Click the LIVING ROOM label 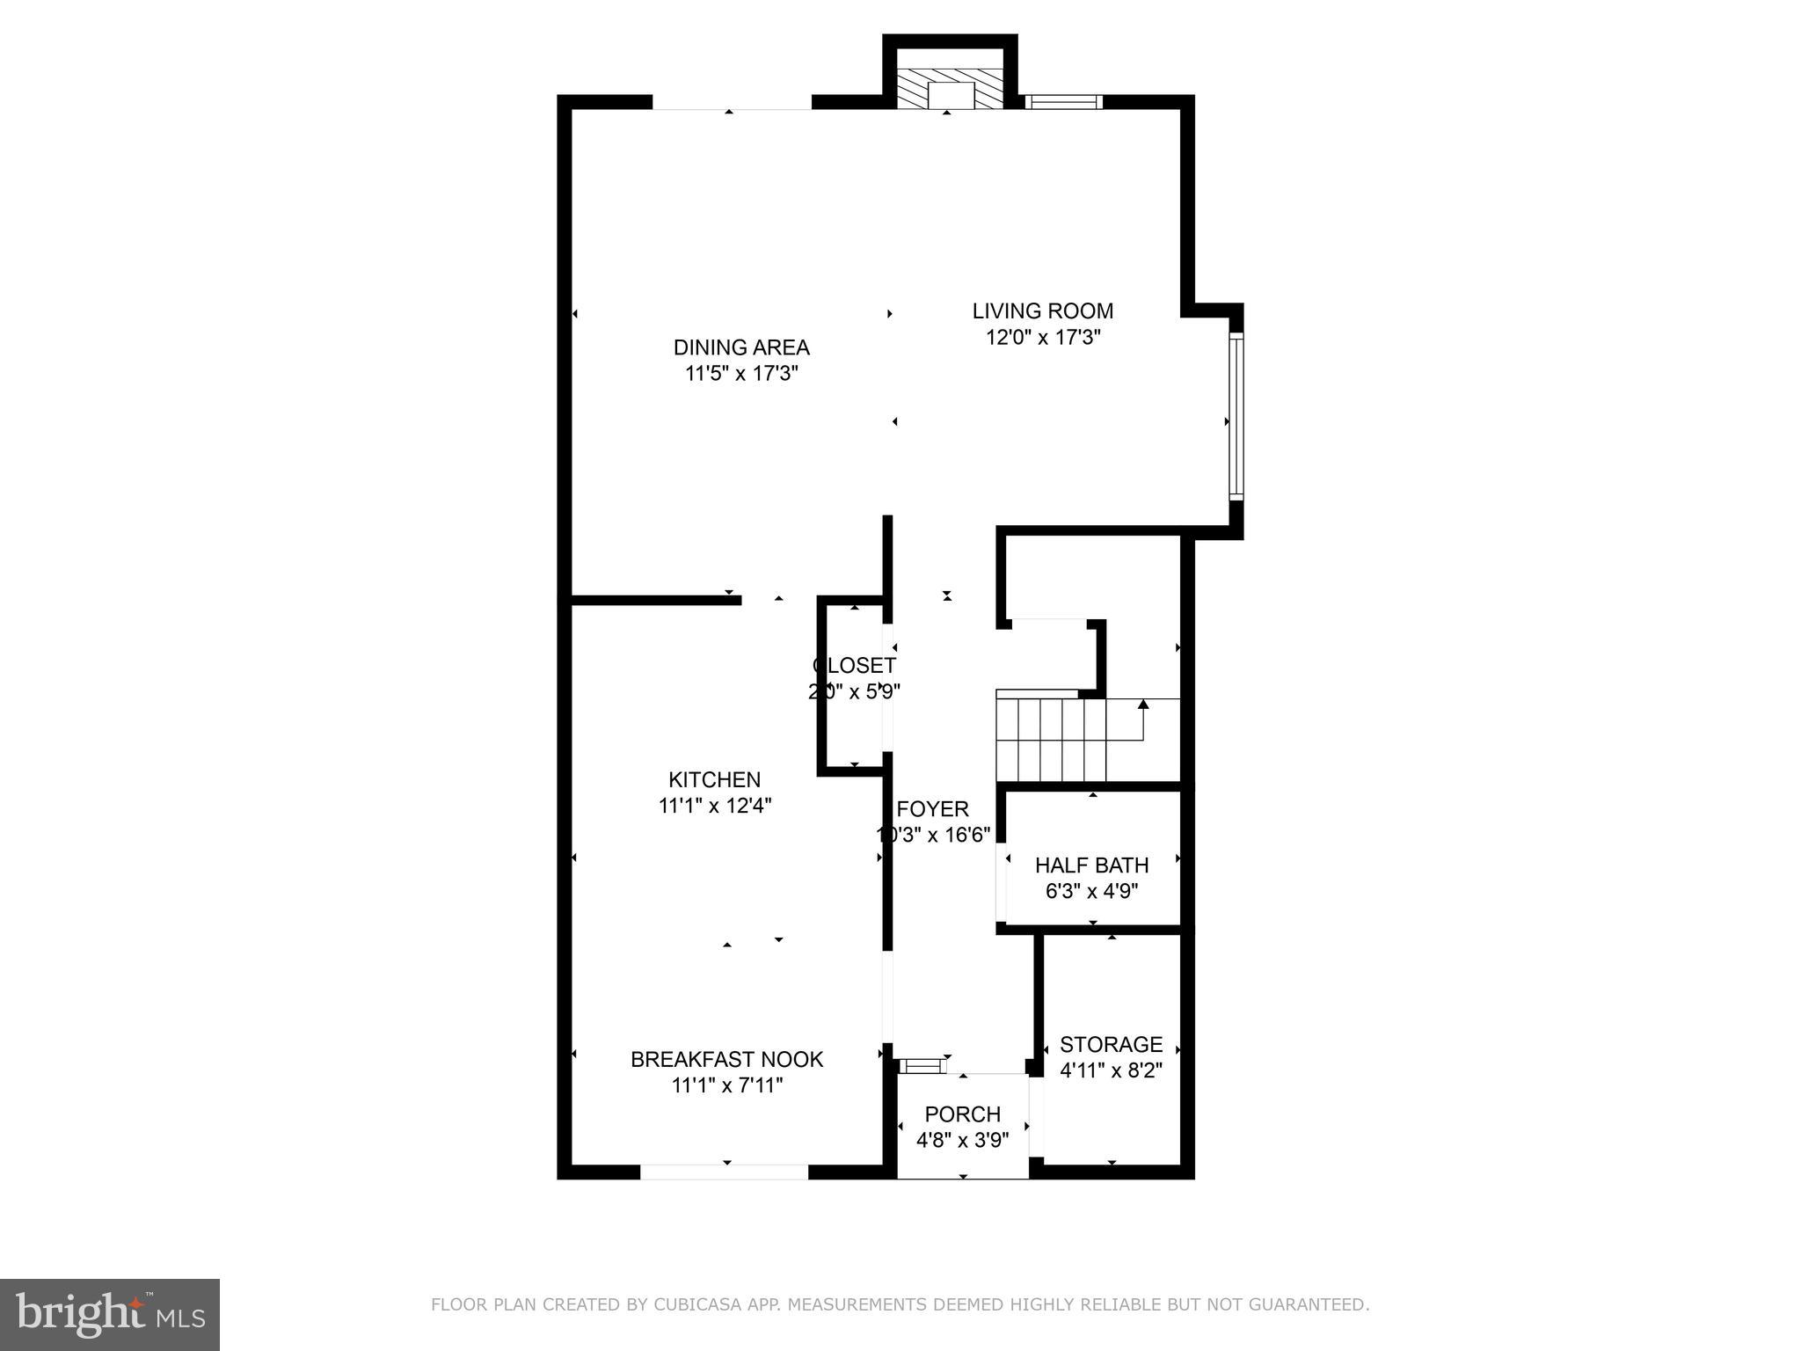click(x=1043, y=311)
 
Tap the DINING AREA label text click(x=741, y=347)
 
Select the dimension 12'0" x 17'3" click(x=1043, y=338)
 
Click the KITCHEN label click(x=714, y=780)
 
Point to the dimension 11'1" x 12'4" click(x=714, y=806)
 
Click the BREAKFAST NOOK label click(x=726, y=1060)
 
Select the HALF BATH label click(x=1091, y=865)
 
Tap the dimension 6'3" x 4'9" click(x=1091, y=892)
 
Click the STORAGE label click(x=1111, y=1045)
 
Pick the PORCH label click(x=962, y=1115)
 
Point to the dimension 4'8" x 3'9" click(x=962, y=1141)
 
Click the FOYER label click(x=932, y=809)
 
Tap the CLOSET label click(x=854, y=666)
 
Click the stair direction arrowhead click(x=1143, y=704)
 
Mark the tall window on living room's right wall click(x=1236, y=416)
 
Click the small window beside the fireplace click(x=1064, y=102)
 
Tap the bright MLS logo click(x=110, y=1314)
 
